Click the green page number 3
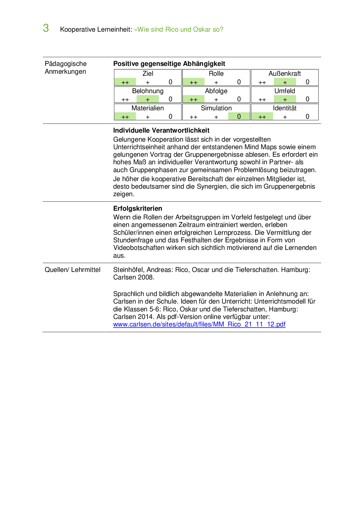coord(46,28)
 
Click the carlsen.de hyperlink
coord(199,324)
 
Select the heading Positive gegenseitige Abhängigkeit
coord(169,64)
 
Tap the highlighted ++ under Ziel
coord(125,82)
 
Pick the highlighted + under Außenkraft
coord(285,82)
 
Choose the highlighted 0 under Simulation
coord(239,117)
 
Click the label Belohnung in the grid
coord(148,91)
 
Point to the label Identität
coord(285,108)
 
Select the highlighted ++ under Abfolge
coord(193,100)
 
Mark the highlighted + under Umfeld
coord(285,100)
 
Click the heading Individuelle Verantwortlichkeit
coord(161,131)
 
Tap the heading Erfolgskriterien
coord(138,209)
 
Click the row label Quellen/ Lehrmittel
coord(72,270)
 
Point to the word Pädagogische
coord(66,64)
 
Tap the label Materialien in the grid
coord(147,108)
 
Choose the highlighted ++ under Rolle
coord(193,82)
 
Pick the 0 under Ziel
coord(170,82)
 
